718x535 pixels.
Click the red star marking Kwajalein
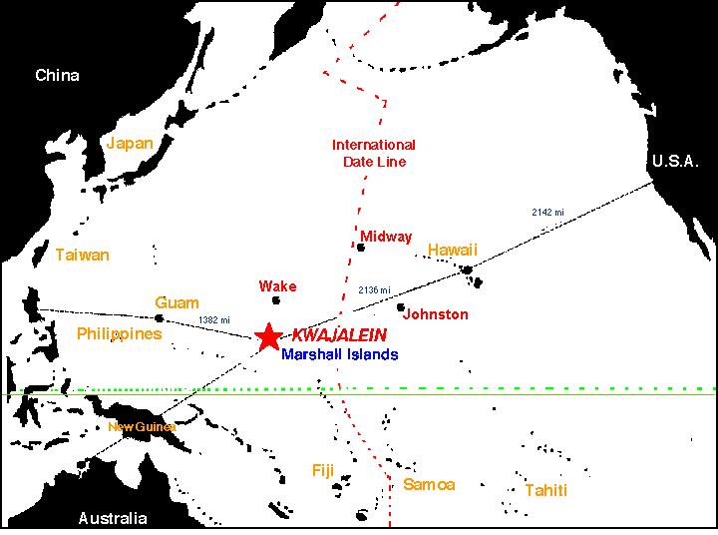(268, 337)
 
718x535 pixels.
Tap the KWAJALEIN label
(339, 336)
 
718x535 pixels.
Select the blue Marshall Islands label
(339, 354)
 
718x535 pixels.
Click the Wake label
(277, 286)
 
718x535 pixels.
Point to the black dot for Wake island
(276, 299)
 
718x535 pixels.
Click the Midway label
(386, 237)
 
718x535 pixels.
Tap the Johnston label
(436, 314)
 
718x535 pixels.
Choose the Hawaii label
(453, 249)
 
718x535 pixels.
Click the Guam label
(177, 302)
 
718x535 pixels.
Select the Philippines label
(119, 333)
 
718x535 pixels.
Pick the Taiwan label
(82, 255)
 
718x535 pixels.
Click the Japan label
(130, 143)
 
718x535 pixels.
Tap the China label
(57, 75)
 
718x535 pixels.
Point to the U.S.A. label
(675, 162)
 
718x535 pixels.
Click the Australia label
(113, 518)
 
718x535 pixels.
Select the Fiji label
(322, 470)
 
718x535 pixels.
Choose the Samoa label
(429, 485)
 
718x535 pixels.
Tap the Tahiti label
(545, 490)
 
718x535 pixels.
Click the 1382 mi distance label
(215, 319)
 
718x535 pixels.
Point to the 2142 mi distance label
(547, 213)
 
